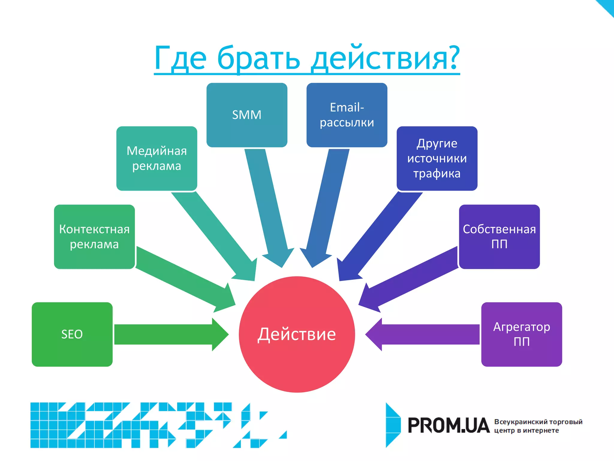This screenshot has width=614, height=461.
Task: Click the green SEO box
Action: pyautogui.click(x=72, y=334)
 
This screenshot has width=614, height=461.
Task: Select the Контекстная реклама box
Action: pyautogui.click(x=94, y=237)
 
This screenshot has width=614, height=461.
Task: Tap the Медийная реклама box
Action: pyautogui.click(x=156, y=158)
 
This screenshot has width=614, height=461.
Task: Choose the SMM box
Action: pyautogui.click(x=247, y=115)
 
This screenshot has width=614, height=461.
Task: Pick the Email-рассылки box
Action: pyautogui.click(x=347, y=115)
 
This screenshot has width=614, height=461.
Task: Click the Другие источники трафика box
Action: pyautogui.click(x=437, y=158)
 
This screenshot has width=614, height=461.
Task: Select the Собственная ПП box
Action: pyautogui.click(x=499, y=237)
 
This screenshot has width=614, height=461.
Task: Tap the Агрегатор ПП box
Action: pyautogui.click(x=521, y=334)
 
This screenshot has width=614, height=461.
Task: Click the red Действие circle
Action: pyautogui.click(x=297, y=334)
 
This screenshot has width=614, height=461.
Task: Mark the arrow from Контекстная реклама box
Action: pyautogui.click(x=183, y=279)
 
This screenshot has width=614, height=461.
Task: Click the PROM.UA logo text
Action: pyautogui.click(x=449, y=425)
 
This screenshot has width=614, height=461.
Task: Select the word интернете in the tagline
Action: pyautogui.click(x=541, y=430)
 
